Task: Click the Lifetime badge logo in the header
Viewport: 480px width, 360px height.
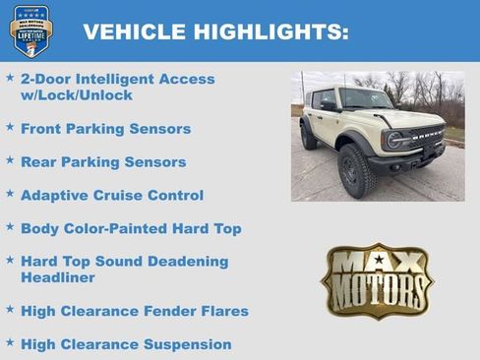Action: (30, 30)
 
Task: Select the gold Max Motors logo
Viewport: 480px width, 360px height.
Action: (378, 280)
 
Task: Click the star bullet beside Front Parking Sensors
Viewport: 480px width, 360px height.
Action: (10, 127)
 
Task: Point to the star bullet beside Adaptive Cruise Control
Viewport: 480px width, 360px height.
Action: (10, 194)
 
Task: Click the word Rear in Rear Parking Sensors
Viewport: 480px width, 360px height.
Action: (38, 162)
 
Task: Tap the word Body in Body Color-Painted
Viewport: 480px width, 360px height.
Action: (39, 229)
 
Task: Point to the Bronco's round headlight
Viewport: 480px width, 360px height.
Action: (394, 139)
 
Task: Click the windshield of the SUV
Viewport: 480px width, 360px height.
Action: (365, 100)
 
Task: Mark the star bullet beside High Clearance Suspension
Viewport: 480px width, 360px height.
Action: (10, 343)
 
